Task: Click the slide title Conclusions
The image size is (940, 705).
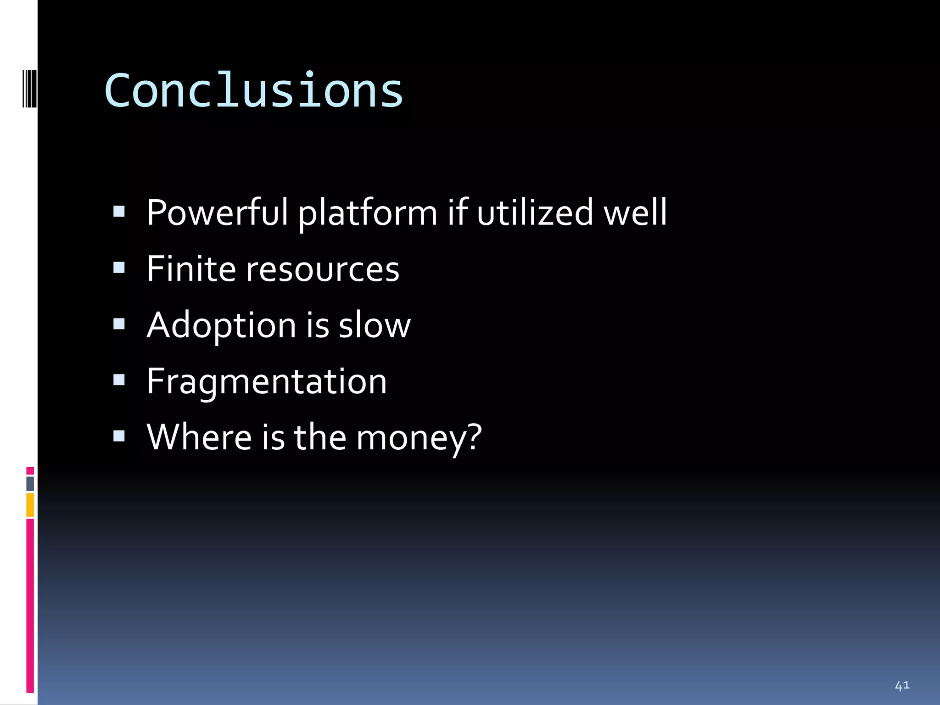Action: point(253,91)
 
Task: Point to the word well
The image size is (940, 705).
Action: point(635,213)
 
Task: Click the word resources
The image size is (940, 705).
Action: point(323,270)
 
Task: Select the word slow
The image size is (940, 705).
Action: point(375,325)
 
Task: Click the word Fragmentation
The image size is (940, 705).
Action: point(267,382)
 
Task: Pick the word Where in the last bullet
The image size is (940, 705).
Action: point(199,437)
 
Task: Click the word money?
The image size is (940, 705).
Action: point(419,438)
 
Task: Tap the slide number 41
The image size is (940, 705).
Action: point(902,686)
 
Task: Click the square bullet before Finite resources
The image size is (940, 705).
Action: point(119,268)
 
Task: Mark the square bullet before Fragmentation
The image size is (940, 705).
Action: point(119,380)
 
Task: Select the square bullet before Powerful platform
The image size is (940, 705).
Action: point(119,211)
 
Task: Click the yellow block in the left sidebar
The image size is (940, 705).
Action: point(30,505)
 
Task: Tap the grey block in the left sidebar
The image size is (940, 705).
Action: point(30,484)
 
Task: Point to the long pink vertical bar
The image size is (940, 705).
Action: point(30,606)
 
